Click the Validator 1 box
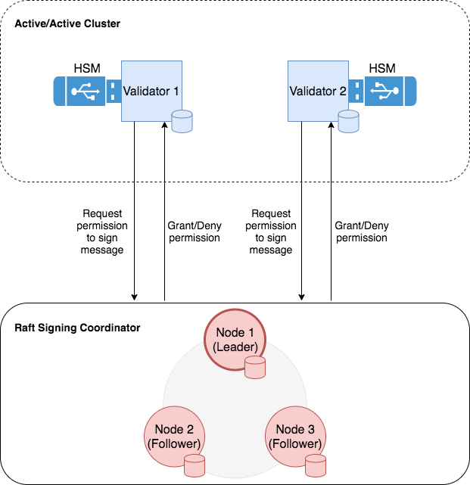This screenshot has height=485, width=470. (x=151, y=92)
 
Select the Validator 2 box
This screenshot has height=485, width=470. (x=317, y=92)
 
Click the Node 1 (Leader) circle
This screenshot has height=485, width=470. (x=235, y=341)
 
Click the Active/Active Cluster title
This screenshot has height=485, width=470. (x=67, y=24)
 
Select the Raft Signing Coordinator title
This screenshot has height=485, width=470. (x=77, y=328)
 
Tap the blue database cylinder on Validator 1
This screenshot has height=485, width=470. (x=182, y=122)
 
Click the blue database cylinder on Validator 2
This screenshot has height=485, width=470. (x=348, y=122)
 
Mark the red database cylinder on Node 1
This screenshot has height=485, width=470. (x=256, y=368)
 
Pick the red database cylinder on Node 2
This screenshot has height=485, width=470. (x=195, y=465)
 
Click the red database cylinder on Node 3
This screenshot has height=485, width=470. (x=316, y=465)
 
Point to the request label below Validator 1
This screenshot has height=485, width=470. (x=104, y=232)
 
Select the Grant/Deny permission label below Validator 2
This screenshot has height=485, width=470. (x=361, y=232)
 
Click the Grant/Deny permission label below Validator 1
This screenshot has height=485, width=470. (x=193, y=232)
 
